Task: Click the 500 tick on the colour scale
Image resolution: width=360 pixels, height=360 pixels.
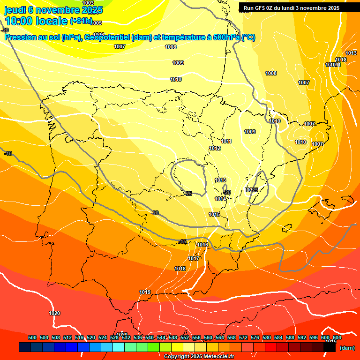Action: (x=32, y=337)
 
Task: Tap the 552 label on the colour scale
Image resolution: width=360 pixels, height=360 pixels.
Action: (x=185, y=337)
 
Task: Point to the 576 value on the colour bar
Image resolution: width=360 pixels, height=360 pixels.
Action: (x=255, y=337)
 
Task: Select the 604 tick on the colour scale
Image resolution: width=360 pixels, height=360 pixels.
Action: (x=337, y=337)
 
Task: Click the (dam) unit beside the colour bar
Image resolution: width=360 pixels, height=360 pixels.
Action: (x=347, y=348)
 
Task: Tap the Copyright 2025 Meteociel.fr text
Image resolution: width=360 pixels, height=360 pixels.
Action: (x=199, y=356)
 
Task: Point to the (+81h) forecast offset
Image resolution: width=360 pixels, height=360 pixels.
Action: (x=81, y=21)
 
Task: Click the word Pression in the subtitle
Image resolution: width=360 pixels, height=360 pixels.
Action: (x=21, y=37)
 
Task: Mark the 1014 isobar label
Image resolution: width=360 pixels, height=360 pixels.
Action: (x=220, y=199)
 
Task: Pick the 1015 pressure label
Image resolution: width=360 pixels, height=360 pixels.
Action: (x=214, y=214)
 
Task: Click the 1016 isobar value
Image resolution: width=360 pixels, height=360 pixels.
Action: (x=202, y=245)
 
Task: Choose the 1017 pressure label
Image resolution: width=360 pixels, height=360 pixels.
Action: (x=194, y=258)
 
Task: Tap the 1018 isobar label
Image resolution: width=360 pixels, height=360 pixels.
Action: (x=180, y=269)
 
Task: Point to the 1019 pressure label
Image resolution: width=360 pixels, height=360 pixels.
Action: (x=145, y=292)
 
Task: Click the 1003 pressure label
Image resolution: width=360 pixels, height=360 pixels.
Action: (x=88, y=3)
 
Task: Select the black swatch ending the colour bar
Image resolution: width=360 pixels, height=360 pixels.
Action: (x=330, y=347)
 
